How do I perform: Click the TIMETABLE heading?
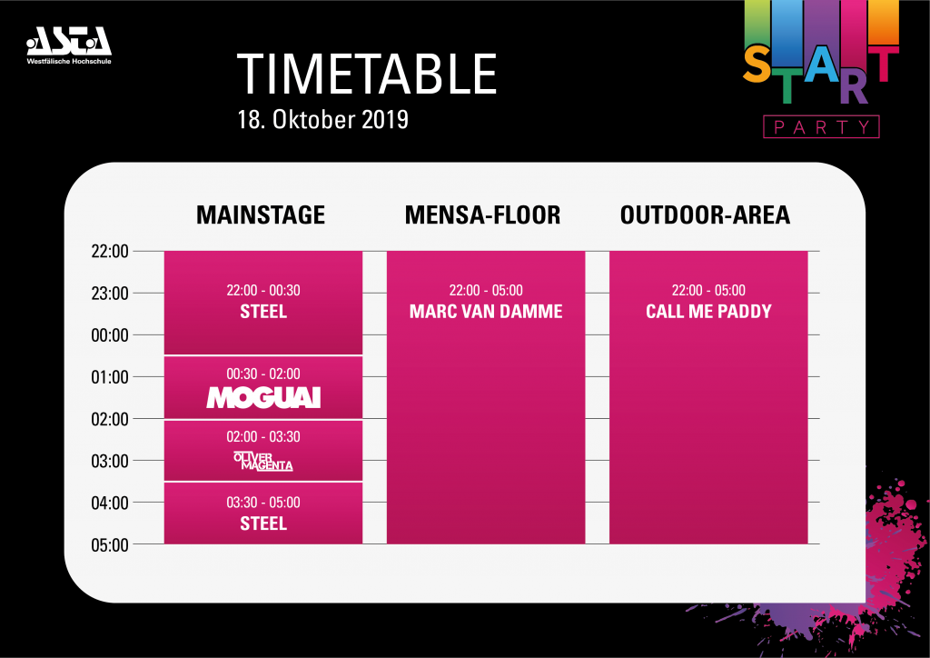[x=367, y=75]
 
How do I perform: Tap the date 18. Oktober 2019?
[x=323, y=120]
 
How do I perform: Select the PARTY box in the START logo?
[x=821, y=127]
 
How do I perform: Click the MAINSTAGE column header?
[x=261, y=214]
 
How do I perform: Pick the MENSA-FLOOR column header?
[x=483, y=214]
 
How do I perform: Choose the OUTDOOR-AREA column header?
[x=705, y=214]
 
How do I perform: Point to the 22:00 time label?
[x=110, y=252]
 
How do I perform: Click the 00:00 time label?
[x=110, y=335]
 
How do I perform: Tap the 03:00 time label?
[x=110, y=461]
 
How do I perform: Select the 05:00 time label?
[x=110, y=545]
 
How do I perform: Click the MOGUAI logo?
[x=263, y=397]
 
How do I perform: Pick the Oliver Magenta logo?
[x=263, y=461]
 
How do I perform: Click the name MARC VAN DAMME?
[x=486, y=312]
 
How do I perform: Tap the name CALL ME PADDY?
[x=708, y=312]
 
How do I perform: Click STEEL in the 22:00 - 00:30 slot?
[x=263, y=312]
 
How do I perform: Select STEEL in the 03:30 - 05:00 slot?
[x=263, y=523]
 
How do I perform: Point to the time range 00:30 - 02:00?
[x=263, y=374]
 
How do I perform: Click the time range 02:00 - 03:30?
[x=263, y=436]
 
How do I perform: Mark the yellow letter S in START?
[x=757, y=65]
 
